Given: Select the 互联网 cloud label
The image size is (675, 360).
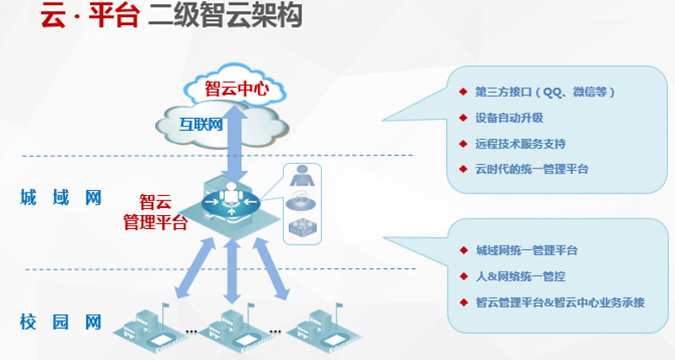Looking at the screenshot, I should [x=200, y=124].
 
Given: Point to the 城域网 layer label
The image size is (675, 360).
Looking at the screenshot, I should [x=61, y=198].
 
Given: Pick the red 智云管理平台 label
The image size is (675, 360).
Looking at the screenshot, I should [x=155, y=212].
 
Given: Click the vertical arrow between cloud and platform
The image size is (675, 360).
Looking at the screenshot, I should [x=232, y=140].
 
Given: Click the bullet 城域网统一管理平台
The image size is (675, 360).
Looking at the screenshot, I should [x=527, y=251].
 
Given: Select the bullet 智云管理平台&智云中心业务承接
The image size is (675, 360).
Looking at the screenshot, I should [x=560, y=302].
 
